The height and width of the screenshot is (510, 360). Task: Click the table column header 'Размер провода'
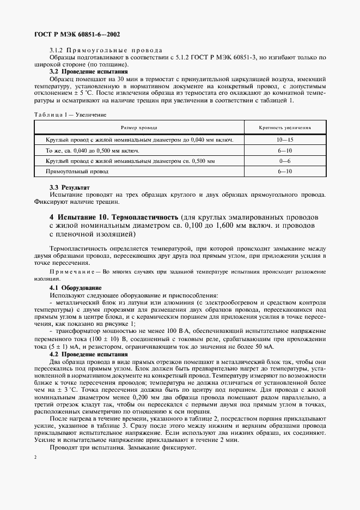click(x=139, y=127)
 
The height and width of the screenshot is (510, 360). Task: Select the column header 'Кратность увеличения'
click(x=285, y=127)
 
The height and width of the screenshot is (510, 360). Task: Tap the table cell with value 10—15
click(x=285, y=140)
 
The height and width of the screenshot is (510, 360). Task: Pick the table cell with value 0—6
click(x=285, y=161)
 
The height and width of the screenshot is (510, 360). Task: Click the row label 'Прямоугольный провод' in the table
click(x=77, y=171)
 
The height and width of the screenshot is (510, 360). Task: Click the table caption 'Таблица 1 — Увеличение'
click(x=70, y=114)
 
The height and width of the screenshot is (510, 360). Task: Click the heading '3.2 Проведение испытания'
click(x=88, y=71)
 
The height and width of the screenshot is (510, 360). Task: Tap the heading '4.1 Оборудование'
click(x=75, y=287)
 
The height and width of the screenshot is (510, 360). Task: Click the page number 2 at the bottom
click(x=35, y=457)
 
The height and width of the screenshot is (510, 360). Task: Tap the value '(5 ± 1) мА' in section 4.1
click(x=66, y=347)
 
